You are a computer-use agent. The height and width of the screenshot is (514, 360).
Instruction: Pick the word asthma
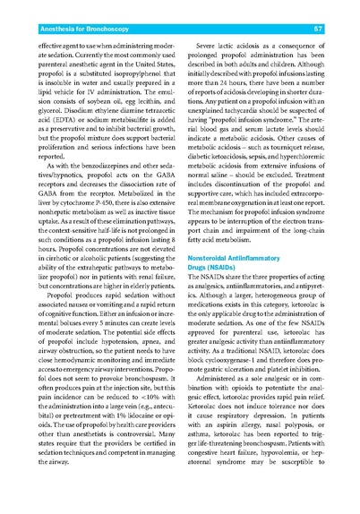[209, 472]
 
